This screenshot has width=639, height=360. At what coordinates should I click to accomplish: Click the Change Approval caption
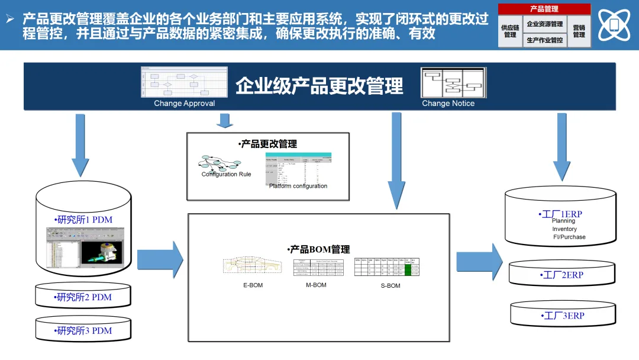(x=184, y=104)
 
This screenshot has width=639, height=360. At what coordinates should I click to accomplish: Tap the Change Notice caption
(x=448, y=104)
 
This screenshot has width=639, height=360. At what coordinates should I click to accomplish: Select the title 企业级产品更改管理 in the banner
(x=319, y=86)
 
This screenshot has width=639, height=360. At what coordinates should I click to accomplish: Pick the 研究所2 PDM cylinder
(x=83, y=297)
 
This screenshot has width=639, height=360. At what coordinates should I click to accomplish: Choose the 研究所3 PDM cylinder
(x=83, y=330)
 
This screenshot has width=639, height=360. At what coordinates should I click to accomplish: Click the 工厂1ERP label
(x=560, y=214)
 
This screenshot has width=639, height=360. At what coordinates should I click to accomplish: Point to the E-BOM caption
(x=253, y=285)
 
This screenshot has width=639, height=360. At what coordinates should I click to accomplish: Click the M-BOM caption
(x=316, y=285)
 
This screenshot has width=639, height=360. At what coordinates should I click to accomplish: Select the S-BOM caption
(x=390, y=286)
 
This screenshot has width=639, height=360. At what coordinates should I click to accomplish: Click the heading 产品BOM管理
(x=318, y=249)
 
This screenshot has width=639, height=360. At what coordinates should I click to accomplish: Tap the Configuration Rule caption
(x=226, y=174)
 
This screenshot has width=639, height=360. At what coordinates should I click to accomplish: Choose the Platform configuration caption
(x=298, y=186)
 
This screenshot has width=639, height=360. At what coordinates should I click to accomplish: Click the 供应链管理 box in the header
(x=510, y=31)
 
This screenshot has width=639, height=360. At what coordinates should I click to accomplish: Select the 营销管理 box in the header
(x=579, y=31)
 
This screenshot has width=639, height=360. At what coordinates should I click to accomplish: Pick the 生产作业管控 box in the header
(x=544, y=40)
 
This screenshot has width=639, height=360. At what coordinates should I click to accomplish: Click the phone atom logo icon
(x=614, y=25)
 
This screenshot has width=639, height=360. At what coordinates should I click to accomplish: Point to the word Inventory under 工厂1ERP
(x=564, y=229)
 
